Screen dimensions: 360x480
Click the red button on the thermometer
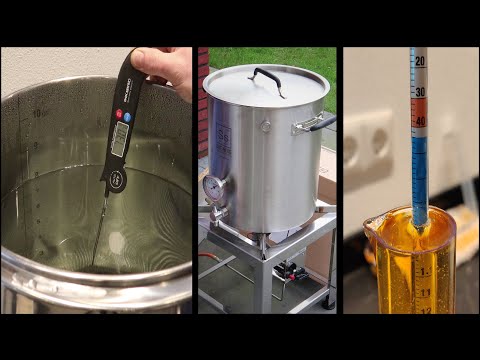point(114,144)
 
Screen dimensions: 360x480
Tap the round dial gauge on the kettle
point(215,189)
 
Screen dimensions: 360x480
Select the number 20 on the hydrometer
point(420,61)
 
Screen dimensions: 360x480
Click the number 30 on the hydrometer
point(420,92)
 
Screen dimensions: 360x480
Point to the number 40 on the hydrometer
point(420,123)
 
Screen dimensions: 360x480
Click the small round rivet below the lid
point(265,126)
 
